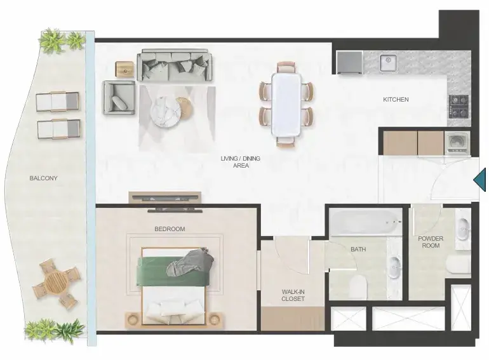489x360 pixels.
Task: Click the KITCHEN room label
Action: tap(396, 100)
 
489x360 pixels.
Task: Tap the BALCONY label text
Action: tap(43, 178)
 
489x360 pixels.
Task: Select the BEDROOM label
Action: tap(170, 229)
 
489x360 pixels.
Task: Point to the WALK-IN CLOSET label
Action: tap(293, 295)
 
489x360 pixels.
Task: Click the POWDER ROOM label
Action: tap(431, 242)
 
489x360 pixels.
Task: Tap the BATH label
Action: tap(358, 250)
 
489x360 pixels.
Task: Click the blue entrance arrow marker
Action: tap(479, 180)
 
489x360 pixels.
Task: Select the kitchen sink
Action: tap(388, 63)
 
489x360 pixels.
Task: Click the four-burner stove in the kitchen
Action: tap(459, 106)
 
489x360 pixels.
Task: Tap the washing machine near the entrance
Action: tap(457, 143)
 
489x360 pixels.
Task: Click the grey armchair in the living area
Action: tap(119, 98)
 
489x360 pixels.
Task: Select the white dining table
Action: tap(286, 104)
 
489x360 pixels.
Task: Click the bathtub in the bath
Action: tap(366, 222)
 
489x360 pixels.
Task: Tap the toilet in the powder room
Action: tap(458, 265)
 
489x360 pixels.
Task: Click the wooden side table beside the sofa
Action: tap(124, 69)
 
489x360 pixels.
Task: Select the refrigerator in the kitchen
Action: tap(349, 63)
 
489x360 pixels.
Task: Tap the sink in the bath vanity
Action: tap(394, 267)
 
